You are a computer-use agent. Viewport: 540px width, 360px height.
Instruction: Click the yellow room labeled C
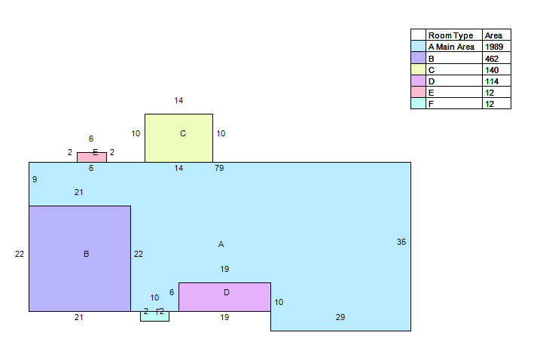178,138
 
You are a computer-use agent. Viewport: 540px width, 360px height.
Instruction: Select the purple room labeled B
80,258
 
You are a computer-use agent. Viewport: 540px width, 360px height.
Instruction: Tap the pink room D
224,297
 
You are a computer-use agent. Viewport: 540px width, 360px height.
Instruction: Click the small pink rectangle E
92,157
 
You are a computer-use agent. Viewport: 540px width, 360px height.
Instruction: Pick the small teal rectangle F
154,316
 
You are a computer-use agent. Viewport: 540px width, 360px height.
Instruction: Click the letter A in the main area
221,244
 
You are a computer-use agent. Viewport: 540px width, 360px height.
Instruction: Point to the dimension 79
219,168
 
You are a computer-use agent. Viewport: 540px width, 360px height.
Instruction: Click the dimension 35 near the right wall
401,242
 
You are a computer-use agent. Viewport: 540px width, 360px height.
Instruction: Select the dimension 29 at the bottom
340,317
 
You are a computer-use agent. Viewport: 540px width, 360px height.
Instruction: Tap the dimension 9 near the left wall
35,179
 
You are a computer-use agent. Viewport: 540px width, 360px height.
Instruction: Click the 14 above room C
178,100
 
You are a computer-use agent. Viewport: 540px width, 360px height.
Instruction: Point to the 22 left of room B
20,254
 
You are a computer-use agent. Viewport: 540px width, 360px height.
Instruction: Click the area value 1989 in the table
494,47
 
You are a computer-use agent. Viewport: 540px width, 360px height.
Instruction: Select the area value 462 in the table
492,59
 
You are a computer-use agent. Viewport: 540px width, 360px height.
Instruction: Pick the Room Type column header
450,35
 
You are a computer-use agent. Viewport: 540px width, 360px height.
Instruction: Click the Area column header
493,35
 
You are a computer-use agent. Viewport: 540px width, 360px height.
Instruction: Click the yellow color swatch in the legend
418,69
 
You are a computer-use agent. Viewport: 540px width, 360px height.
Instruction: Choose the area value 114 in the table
492,81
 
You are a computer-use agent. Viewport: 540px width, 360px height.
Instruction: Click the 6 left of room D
172,292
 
